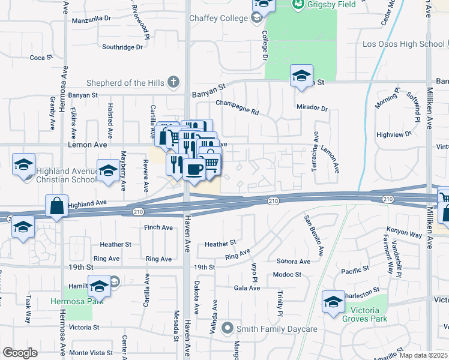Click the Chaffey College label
(218, 19)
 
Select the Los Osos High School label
(403, 44)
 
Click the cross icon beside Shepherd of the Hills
(173, 82)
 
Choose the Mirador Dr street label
(312, 109)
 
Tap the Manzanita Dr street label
(91, 19)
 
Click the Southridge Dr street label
(122, 46)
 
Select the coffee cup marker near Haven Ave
(194, 170)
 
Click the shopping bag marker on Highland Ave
(56, 206)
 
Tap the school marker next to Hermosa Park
(99, 287)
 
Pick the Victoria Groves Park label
(360, 314)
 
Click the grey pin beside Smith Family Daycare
(227, 328)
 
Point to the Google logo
(20, 353)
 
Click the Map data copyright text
(423, 355)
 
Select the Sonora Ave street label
(294, 262)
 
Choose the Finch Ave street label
(159, 228)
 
